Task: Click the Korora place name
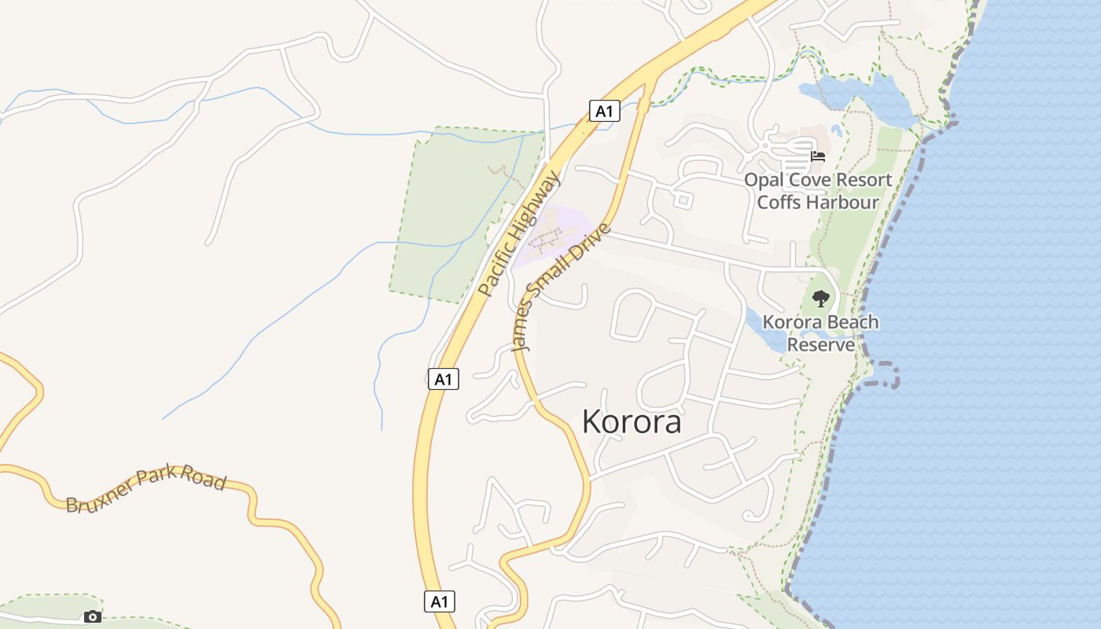[632, 422]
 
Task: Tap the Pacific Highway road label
[520, 234]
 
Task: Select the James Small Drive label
[561, 287]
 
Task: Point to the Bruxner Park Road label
[145, 489]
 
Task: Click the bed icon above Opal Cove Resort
[818, 156]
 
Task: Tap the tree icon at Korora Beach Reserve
[821, 299]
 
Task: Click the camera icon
[93, 616]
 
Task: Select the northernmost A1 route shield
[604, 111]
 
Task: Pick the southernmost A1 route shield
[440, 601]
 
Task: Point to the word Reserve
[821, 344]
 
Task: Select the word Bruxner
[98, 499]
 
